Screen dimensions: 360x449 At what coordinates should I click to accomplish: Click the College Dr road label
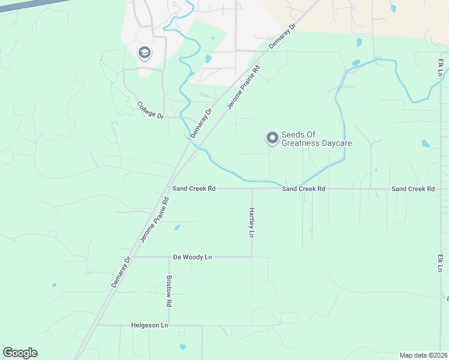(150, 110)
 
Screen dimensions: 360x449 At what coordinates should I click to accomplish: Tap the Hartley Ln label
(252, 222)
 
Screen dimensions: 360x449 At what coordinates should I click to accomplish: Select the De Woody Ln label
(192, 257)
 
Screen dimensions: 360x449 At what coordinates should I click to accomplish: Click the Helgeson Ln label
(149, 325)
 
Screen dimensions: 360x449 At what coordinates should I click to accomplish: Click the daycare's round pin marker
(272, 139)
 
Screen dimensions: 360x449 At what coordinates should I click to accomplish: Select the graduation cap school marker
(144, 53)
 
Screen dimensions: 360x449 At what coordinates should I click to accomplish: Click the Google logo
(20, 353)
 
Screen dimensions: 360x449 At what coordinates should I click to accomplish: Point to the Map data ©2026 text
(423, 355)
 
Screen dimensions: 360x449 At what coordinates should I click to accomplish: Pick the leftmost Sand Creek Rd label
(194, 188)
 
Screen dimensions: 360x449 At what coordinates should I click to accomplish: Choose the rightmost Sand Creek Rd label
(413, 188)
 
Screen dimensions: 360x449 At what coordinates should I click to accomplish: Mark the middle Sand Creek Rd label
(304, 188)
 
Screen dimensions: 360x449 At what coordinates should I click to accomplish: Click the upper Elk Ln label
(441, 67)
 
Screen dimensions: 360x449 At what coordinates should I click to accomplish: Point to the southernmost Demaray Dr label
(121, 272)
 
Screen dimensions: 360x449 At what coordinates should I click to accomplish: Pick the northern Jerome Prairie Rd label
(243, 87)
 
